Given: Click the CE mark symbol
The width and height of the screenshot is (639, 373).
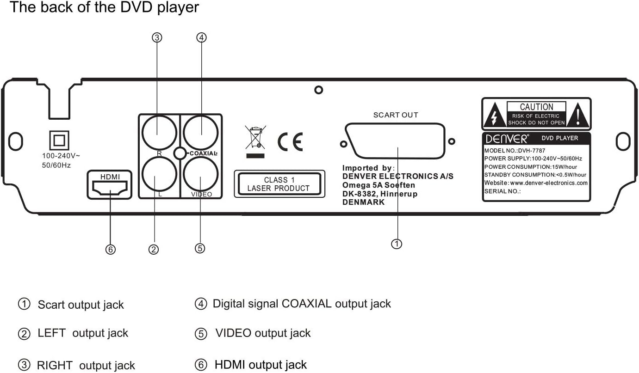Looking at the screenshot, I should click(290, 141).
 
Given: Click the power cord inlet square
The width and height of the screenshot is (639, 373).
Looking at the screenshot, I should click(59, 139).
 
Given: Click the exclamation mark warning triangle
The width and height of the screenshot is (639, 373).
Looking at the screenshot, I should click(578, 116).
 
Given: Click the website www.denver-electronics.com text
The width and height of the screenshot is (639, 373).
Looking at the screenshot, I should click(536, 183).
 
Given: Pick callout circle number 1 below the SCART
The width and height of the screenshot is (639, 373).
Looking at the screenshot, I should click(397, 244).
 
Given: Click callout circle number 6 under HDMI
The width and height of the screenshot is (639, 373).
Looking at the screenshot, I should click(110, 250).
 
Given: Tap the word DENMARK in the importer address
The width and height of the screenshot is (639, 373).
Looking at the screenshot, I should click(363, 202).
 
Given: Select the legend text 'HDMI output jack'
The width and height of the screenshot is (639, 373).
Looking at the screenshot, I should click(261, 365).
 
